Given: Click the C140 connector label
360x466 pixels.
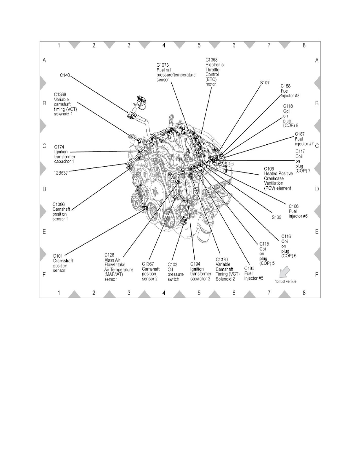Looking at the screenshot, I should point(65,74).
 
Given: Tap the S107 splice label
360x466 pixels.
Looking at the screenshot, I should point(265,83).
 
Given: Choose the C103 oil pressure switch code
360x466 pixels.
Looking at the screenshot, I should point(173,264).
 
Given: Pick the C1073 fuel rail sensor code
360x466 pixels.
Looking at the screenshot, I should point(162,65).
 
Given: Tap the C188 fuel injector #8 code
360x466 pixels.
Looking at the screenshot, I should point(285,86).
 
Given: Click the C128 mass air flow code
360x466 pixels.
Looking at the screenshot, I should point(110,255).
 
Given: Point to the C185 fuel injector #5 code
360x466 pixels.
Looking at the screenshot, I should point(249,268).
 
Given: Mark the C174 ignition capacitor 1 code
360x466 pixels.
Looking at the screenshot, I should point(59,147).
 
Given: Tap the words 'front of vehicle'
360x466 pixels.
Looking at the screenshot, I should point(285,282).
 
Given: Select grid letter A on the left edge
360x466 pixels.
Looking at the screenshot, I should point(44,60).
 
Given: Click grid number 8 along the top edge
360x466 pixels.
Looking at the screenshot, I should point(304,46).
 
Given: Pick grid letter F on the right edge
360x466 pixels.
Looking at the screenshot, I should point(316,275).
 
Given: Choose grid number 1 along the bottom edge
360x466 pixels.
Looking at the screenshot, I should point(58,293).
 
